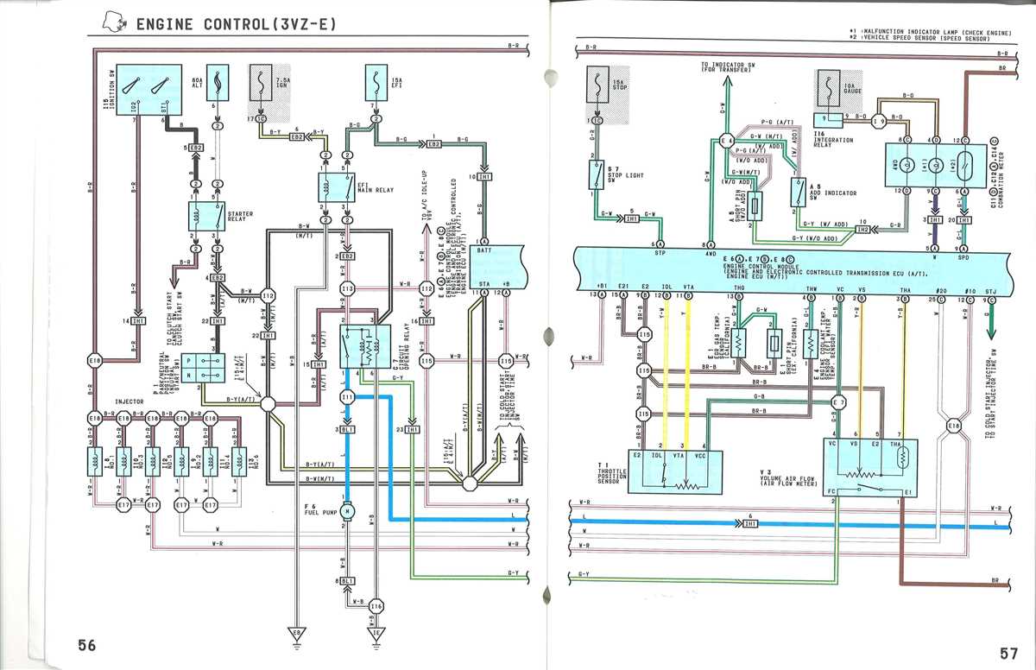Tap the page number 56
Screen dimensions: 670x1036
tap(86, 645)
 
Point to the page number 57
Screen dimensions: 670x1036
tap(1009, 653)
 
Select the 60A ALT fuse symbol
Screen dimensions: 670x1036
tap(218, 85)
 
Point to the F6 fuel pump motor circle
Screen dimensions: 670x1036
tap(347, 511)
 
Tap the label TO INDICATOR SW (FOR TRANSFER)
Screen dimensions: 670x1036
tap(726, 66)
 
